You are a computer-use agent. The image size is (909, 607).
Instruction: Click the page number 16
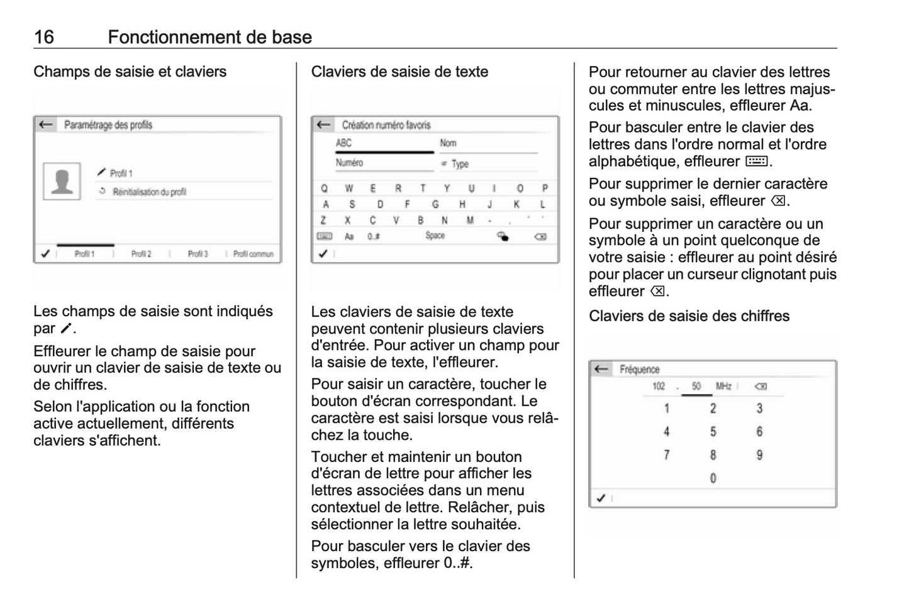[43, 37]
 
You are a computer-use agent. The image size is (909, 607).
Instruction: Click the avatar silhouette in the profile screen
[62, 182]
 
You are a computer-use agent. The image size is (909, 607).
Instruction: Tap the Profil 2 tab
[141, 254]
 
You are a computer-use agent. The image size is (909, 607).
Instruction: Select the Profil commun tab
[253, 254]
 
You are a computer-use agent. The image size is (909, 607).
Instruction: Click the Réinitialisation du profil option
[149, 192]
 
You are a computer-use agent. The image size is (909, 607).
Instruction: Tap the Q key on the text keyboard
[324, 188]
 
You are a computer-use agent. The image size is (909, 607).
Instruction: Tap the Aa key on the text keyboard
[349, 236]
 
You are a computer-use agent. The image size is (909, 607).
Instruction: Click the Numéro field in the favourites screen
[350, 163]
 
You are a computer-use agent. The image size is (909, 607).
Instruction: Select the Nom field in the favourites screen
[448, 143]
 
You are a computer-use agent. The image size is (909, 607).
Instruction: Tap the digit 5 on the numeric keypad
[713, 432]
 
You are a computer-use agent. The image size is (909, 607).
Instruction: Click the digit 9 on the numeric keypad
[759, 455]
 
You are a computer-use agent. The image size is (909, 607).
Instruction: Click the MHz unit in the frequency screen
[723, 386]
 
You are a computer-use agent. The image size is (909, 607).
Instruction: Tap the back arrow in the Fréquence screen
[601, 369]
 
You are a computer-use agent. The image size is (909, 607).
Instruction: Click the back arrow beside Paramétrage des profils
[45, 124]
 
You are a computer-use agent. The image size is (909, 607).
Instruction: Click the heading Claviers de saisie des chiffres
[689, 316]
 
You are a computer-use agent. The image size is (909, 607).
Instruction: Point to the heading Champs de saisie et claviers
[130, 72]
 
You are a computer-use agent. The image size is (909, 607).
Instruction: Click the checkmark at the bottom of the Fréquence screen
[601, 498]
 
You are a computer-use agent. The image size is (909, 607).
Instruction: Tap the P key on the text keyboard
[545, 188]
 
